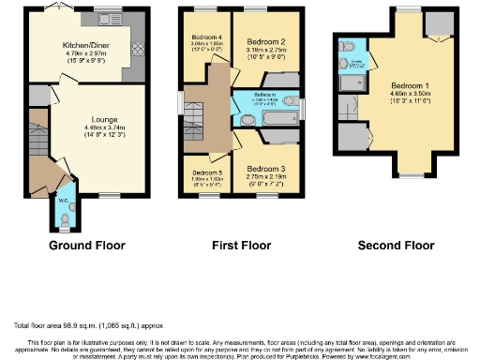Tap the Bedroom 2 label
pos(265,42)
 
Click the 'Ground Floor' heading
pos(86,246)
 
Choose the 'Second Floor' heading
pos(397,246)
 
